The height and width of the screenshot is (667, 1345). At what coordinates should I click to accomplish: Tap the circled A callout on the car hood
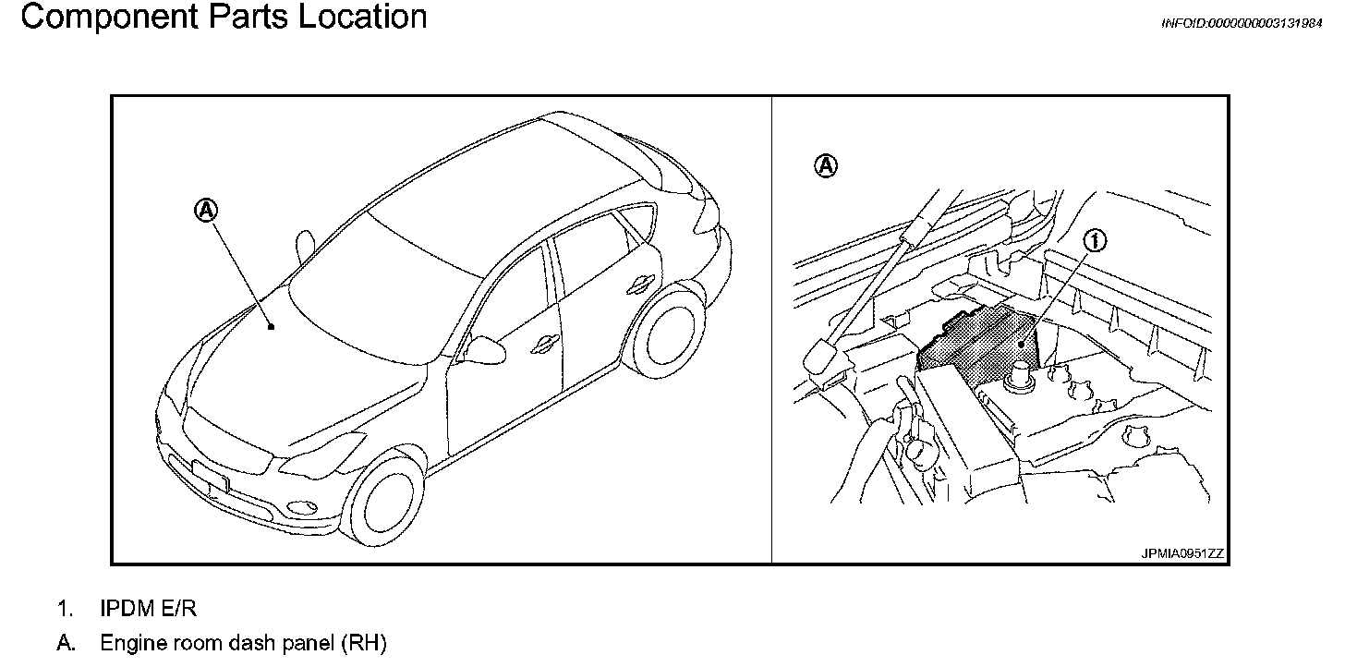tap(206, 211)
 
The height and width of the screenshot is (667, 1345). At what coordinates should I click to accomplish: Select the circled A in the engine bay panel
tap(826, 166)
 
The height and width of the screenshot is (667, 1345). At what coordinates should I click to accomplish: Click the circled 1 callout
tap(1096, 241)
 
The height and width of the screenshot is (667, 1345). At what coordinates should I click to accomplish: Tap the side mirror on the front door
tap(484, 348)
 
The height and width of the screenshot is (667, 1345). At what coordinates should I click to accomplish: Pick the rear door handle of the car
tap(637, 286)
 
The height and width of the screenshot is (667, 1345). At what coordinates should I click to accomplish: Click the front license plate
tap(209, 475)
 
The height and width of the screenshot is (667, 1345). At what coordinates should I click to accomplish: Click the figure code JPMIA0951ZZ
tap(1182, 553)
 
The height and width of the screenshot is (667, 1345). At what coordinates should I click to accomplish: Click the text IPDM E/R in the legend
tap(149, 609)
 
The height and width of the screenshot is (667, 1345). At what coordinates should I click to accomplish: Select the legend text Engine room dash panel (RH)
tap(243, 643)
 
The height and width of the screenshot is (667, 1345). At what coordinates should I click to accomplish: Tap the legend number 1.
tap(64, 609)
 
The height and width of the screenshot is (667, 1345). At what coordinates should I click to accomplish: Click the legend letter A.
tap(65, 643)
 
